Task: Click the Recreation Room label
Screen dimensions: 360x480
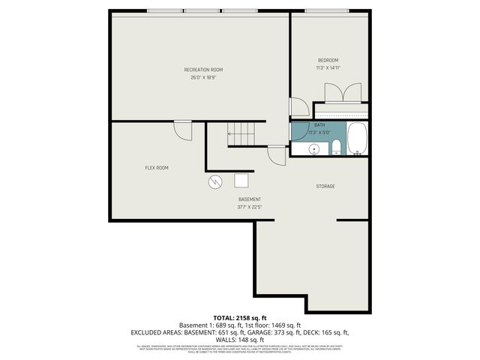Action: point(203,70)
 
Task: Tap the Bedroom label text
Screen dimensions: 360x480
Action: point(328,60)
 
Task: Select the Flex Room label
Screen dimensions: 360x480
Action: point(156,168)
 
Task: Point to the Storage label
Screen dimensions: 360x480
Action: point(325,186)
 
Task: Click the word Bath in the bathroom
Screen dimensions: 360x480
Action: point(319,125)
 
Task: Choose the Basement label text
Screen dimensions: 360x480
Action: point(249,199)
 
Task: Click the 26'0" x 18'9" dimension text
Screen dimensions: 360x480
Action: point(203,77)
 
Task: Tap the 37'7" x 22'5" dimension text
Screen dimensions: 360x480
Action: point(249,207)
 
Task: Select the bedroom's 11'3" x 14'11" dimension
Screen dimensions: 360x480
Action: point(328,67)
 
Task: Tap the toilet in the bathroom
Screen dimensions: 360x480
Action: point(337,146)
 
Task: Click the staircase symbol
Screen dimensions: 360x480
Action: point(242,135)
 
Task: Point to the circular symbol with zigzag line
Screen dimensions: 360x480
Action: point(215,181)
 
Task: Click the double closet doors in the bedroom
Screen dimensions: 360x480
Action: point(342,93)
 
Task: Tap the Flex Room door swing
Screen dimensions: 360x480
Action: point(183,130)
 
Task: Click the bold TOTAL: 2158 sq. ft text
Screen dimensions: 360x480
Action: point(240,318)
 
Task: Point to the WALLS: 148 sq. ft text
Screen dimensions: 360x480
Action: point(240,339)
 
